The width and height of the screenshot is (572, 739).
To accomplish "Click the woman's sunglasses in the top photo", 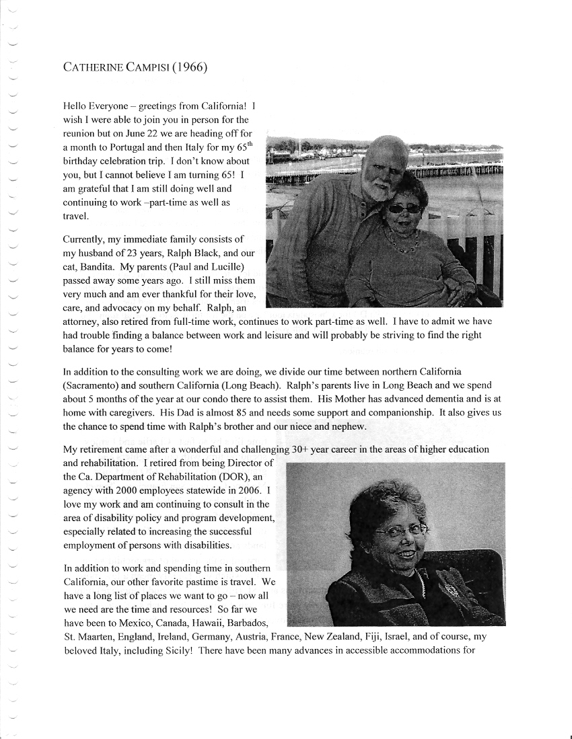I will (x=402, y=208).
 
